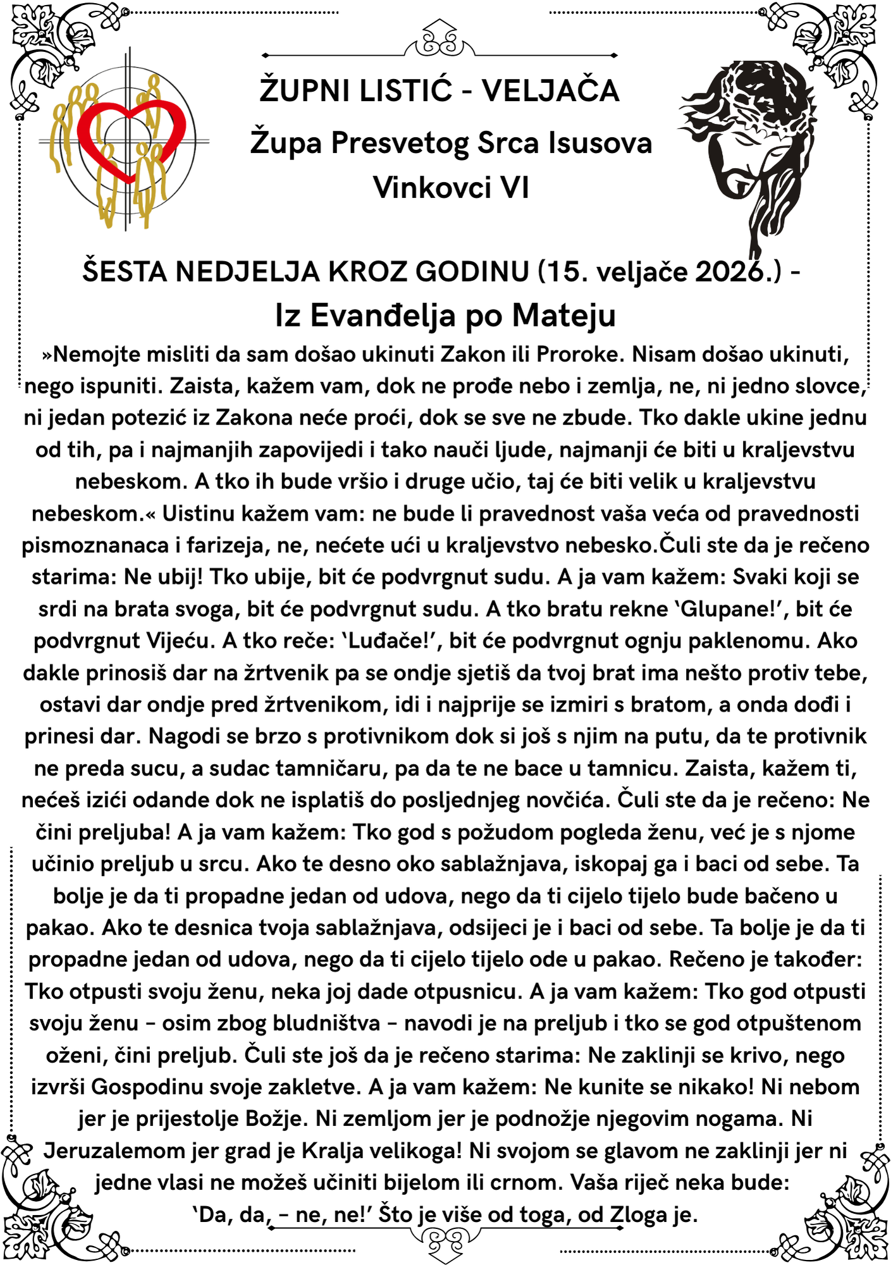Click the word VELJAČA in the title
click(x=550, y=90)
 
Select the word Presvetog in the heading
click(x=400, y=143)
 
